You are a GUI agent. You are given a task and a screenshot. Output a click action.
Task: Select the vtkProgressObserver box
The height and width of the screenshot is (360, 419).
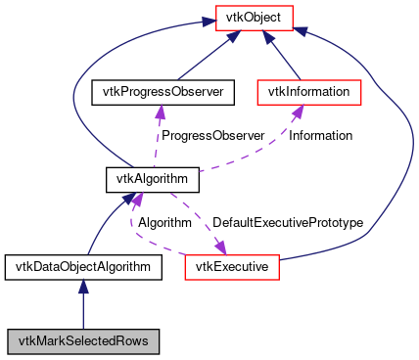(x=158, y=93)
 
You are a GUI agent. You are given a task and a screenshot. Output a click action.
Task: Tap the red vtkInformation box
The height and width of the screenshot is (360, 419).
(x=308, y=93)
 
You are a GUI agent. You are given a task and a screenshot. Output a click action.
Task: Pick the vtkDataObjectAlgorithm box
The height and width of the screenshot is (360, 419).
(x=82, y=266)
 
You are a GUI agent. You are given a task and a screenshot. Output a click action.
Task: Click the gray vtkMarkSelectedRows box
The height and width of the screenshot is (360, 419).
(x=82, y=341)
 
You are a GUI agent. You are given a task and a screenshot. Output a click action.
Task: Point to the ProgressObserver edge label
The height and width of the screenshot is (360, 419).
(x=212, y=136)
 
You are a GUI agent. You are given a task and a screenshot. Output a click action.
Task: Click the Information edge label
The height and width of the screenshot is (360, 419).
(x=320, y=136)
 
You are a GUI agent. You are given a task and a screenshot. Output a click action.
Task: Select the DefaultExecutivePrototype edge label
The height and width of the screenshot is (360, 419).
(x=288, y=223)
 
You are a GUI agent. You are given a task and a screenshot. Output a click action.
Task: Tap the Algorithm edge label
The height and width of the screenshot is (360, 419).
(x=163, y=223)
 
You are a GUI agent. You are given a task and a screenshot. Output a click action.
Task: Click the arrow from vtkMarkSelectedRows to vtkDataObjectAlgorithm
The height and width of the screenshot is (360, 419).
(x=83, y=304)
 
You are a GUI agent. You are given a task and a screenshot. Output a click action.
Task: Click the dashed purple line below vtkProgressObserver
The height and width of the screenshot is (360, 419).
(x=156, y=137)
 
